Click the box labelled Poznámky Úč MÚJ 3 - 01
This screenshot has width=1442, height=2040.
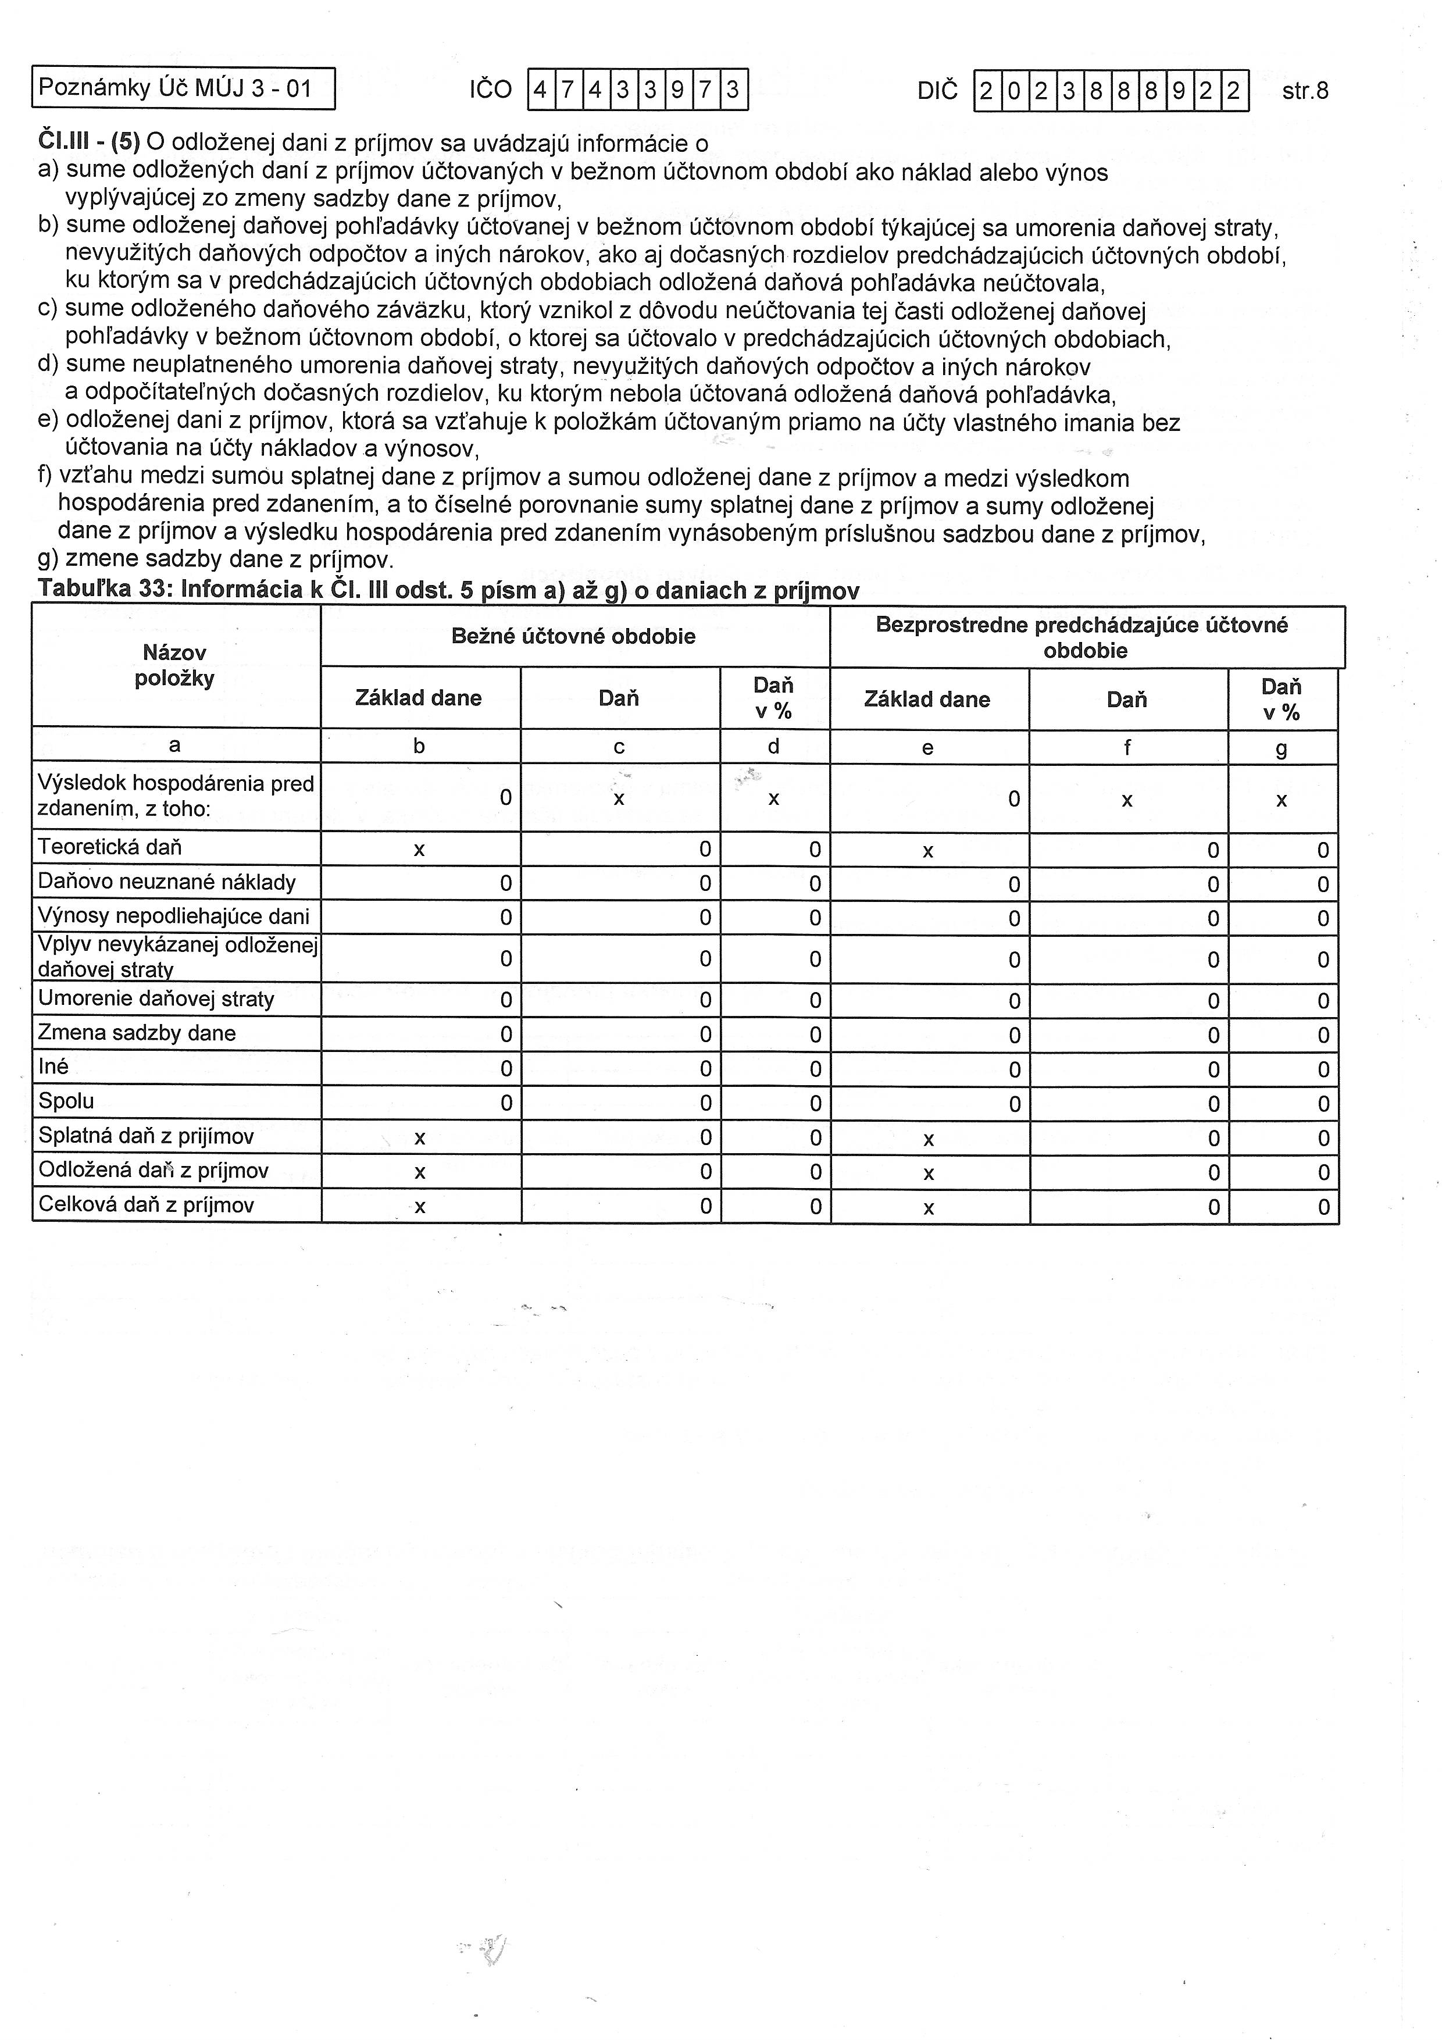(183, 88)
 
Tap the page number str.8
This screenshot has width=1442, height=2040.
(1305, 91)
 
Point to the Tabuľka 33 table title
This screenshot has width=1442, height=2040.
(449, 591)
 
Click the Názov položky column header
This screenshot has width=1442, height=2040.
(175, 665)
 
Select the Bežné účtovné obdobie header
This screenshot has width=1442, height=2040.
(574, 636)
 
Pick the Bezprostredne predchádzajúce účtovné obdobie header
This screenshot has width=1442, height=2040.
(1086, 637)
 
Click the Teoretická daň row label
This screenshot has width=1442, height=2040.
(110, 847)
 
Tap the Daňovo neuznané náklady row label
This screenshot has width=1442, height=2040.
(166, 882)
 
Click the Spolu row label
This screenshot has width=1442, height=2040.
(67, 1101)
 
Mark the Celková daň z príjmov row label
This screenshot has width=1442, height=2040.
(147, 1205)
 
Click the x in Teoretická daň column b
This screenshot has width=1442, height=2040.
(419, 850)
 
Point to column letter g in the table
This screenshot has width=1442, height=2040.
(1281, 748)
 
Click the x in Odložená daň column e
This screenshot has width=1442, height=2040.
(929, 1174)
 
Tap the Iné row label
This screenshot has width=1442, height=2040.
(53, 1066)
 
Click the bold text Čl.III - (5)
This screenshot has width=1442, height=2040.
(89, 142)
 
